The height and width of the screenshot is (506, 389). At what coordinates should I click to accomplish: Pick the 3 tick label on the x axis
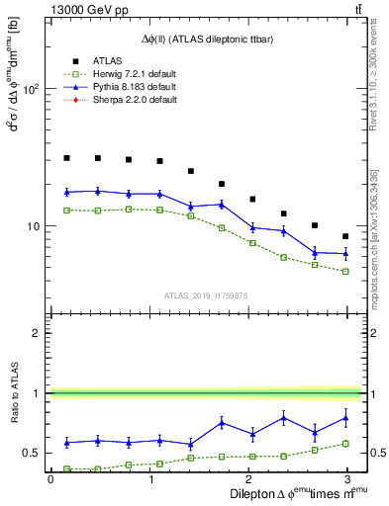(345, 479)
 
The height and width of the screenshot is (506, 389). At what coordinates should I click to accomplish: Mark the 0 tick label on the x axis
(50, 479)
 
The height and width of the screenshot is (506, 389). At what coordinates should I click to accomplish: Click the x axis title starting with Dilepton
(297, 493)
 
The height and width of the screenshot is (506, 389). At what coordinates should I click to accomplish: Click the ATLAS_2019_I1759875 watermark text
(206, 295)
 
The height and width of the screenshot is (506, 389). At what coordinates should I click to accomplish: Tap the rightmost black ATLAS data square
(345, 236)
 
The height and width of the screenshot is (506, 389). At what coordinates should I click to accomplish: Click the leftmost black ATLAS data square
(66, 158)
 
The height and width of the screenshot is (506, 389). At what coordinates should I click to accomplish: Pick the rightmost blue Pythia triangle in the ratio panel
(345, 418)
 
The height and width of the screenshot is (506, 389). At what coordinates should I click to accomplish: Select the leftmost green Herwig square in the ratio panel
(66, 469)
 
